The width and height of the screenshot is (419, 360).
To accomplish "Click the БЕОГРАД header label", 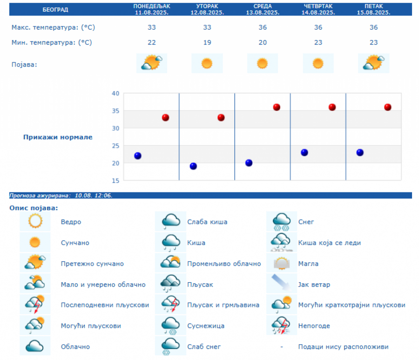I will [x=55, y=9].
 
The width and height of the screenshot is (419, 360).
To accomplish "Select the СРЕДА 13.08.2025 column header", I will [x=263, y=9].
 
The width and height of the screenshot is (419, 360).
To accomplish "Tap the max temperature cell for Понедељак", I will [x=152, y=27].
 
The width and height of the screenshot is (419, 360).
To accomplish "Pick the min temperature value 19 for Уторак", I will [x=207, y=42].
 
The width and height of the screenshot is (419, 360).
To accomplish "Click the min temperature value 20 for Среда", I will [x=263, y=42].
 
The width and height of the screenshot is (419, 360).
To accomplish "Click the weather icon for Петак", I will [x=373, y=63].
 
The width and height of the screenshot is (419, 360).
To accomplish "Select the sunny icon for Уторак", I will [x=207, y=63].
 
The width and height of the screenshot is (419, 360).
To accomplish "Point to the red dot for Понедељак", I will [x=165, y=117].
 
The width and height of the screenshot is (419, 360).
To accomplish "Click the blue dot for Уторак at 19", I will [x=193, y=166].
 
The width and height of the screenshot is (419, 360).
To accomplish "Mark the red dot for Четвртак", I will [x=332, y=107].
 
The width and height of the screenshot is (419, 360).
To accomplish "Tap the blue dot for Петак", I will [x=360, y=152].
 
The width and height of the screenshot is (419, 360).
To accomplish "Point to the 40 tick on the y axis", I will [x=115, y=94].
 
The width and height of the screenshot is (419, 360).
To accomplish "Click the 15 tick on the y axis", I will [x=115, y=181].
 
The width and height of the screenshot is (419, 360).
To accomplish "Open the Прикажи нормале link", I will [x=58, y=137].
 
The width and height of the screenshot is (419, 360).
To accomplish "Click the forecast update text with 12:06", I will [x=61, y=196].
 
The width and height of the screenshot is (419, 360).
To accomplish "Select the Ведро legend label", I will [x=71, y=222].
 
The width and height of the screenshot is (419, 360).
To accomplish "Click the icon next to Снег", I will [x=281, y=222].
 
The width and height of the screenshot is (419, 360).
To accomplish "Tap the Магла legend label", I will [x=308, y=264].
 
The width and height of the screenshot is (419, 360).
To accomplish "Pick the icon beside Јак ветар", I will [x=281, y=284].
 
